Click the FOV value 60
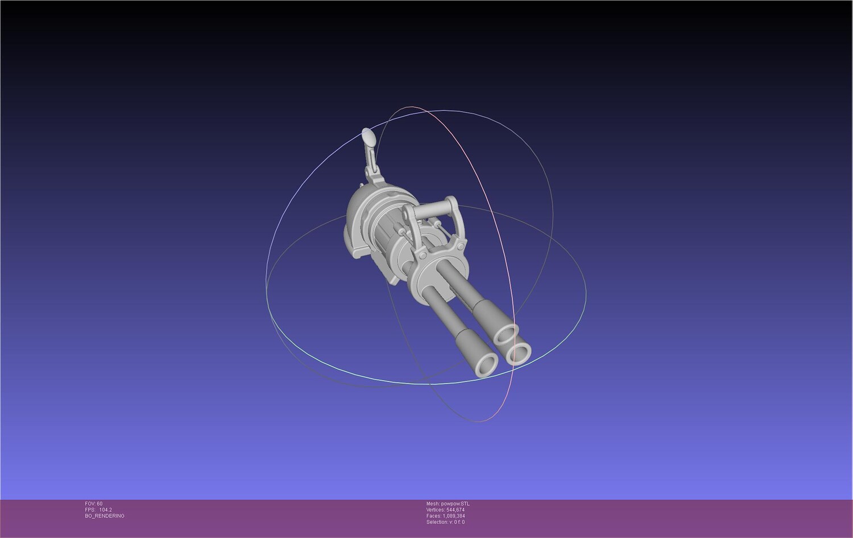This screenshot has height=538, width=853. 100,504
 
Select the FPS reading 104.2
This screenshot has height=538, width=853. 105,510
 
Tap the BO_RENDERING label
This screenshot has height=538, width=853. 105,516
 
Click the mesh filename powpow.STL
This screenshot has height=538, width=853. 455,504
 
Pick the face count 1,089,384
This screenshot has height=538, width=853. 454,516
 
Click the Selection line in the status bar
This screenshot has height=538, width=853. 445,522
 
